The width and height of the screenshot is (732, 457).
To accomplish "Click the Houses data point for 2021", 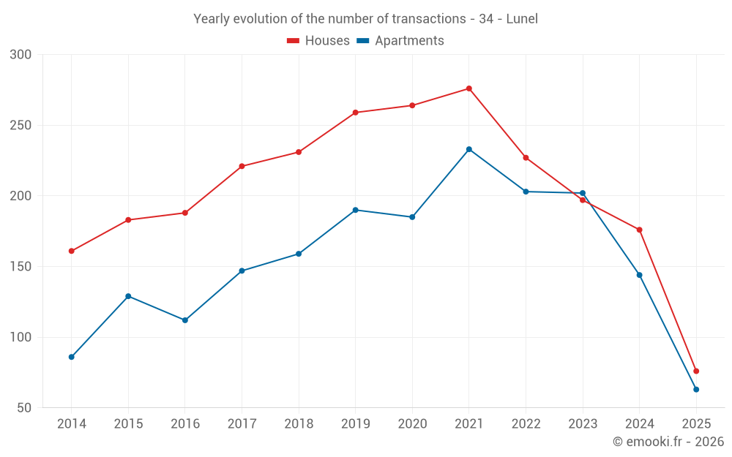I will tap(469, 88).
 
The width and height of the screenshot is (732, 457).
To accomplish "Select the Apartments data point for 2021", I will tap(469, 149).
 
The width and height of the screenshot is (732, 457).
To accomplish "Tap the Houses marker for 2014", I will tap(72, 251).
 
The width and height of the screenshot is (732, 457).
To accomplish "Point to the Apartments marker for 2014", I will tap(72, 357).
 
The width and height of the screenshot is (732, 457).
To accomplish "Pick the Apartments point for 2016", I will tap(185, 320).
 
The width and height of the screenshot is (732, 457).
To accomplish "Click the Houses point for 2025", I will tap(696, 371).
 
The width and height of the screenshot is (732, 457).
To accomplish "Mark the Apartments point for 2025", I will tap(696, 389).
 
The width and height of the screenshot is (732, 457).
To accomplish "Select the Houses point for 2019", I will tap(356, 113).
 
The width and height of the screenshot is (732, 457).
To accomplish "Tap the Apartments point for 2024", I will tap(640, 275).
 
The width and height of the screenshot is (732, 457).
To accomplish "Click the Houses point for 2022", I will tap(526, 157).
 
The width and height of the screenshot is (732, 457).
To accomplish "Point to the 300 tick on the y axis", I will tap(21, 55).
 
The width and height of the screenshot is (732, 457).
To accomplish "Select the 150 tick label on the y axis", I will tap(21, 267).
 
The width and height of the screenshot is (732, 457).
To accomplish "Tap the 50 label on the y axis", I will tap(25, 408).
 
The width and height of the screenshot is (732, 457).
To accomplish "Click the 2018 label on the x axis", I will tap(299, 424).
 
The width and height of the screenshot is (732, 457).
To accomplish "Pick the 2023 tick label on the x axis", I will tap(583, 424).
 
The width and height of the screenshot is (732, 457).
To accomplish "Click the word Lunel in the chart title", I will tap(522, 19).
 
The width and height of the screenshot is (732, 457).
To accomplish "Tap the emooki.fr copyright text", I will tap(668, 442).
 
